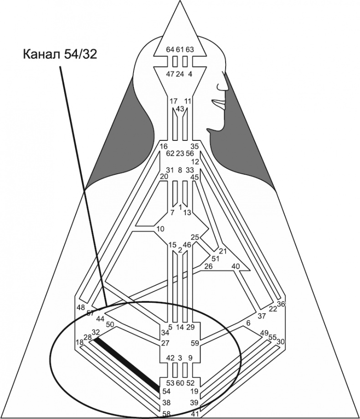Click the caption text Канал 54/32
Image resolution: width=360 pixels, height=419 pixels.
[60, 54]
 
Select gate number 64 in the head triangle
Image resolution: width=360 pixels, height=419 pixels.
[170, 49]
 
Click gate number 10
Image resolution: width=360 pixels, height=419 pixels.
[160, 228]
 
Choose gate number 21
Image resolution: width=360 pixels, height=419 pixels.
[222, 251]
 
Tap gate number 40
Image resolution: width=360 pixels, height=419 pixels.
[236, 266]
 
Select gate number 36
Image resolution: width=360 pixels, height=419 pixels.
[281, 304]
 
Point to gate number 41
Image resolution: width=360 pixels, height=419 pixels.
[195, 414]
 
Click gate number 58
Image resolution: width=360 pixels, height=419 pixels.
[167, 414]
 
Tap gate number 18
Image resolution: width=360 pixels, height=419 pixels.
[79, 342]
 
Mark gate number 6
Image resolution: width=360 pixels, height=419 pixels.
[248, 323]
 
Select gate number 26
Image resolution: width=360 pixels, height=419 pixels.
[208, 266]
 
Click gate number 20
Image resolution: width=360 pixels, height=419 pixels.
[164, 176]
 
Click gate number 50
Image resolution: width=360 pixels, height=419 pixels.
[109, 325]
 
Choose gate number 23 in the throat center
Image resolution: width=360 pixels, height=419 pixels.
[180, 154]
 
